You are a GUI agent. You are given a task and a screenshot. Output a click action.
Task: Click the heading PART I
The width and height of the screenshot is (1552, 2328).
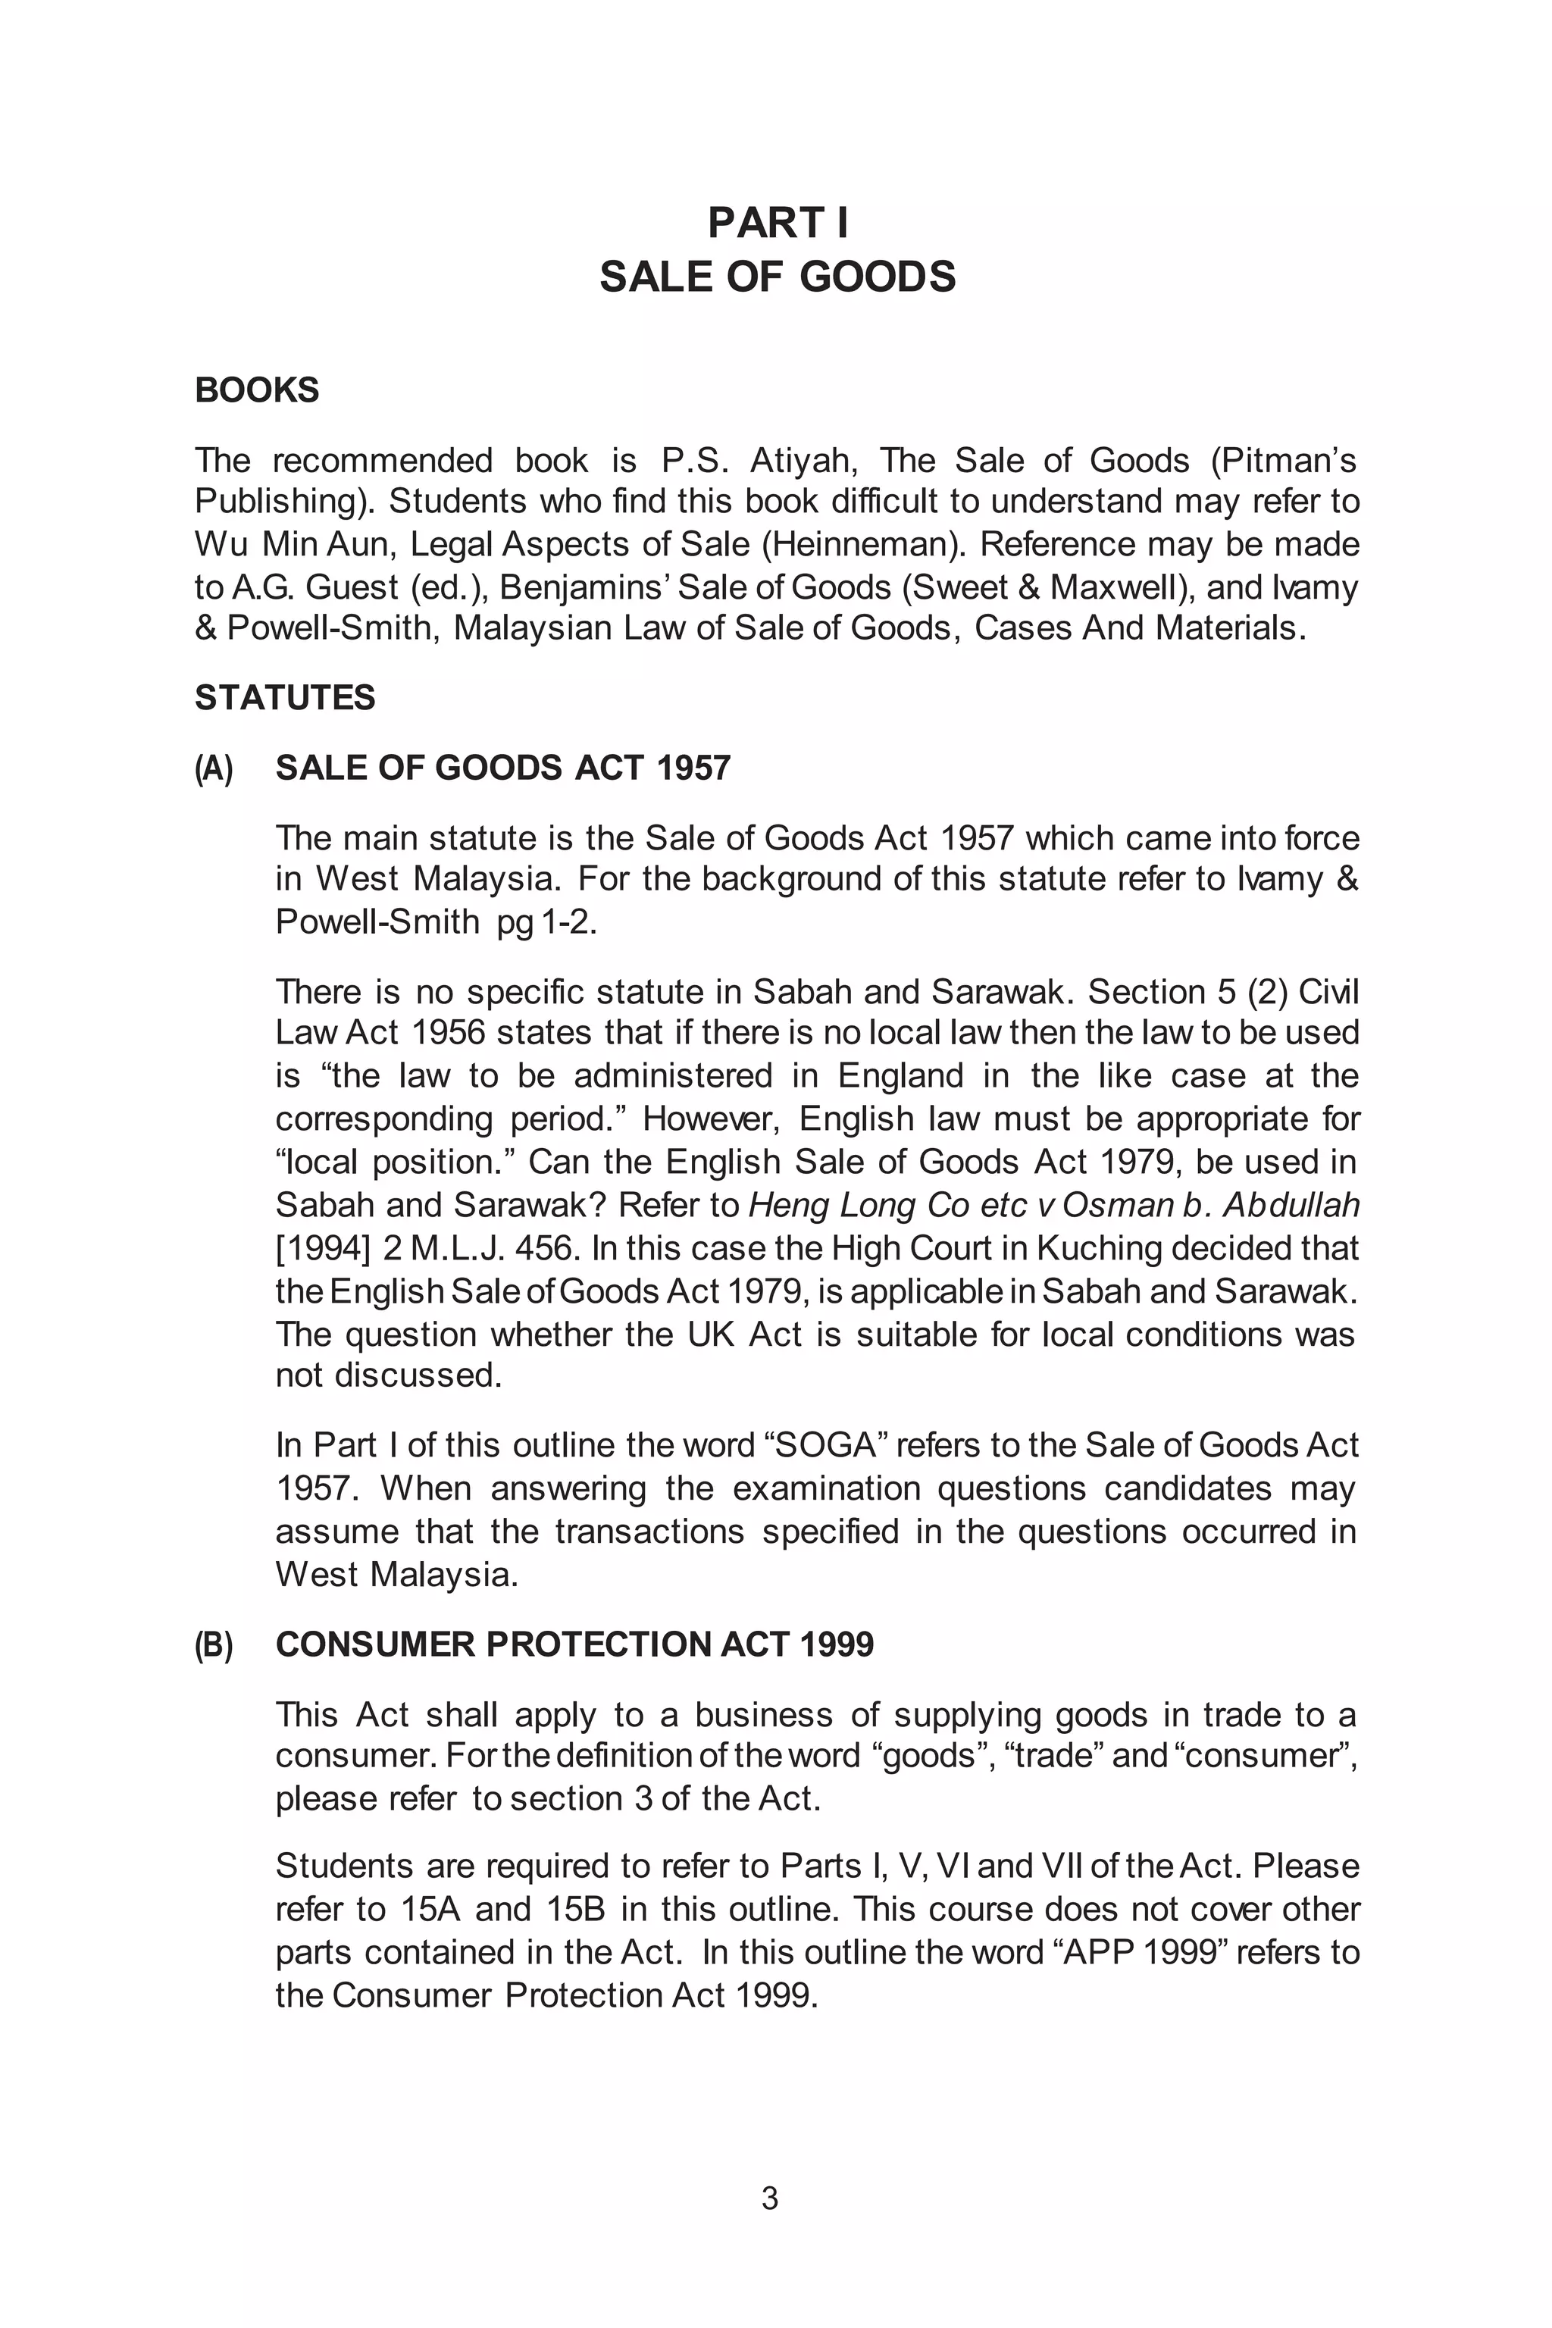[777, 223]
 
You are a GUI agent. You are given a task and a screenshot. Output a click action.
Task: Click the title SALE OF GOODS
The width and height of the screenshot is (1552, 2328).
[777, 277]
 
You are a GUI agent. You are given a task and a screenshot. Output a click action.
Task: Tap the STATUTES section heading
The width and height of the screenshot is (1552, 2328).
[285, 698]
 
